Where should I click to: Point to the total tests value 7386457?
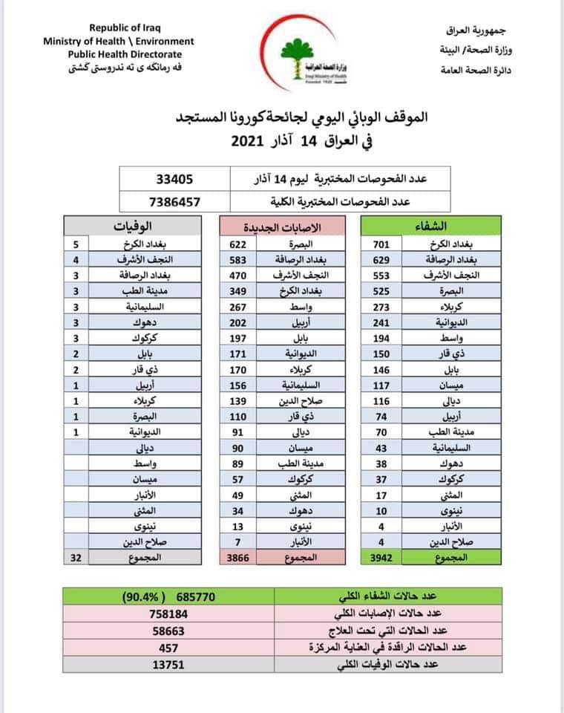(x=175, y=201)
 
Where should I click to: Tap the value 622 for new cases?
(x=241, y=243)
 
